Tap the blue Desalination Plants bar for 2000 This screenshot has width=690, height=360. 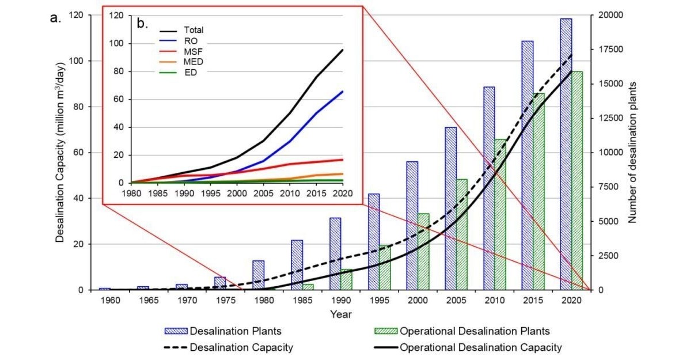[412, 225]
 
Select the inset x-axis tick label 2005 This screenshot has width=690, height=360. [263, 194]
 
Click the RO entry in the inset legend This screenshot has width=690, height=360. [190, 41]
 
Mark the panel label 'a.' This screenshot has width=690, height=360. [55, 18]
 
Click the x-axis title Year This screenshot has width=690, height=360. [342, 314]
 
